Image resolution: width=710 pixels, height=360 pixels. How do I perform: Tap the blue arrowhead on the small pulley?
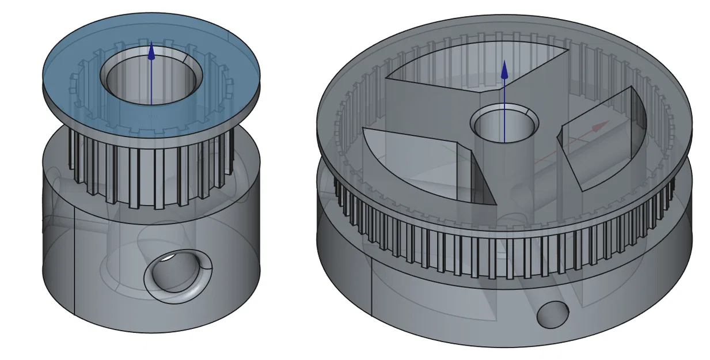click(151, 52)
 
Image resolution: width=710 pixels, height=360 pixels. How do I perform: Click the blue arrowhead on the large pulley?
click(504, 70)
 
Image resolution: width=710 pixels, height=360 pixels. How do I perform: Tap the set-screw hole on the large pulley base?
click(552, 314)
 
